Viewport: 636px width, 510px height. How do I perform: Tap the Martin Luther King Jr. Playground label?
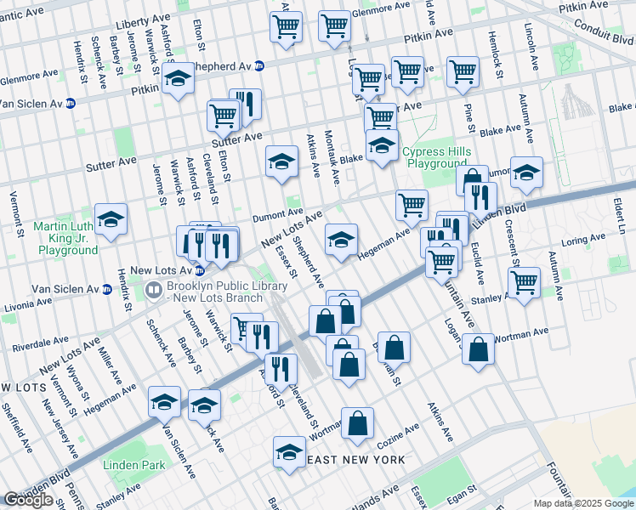(65, 239)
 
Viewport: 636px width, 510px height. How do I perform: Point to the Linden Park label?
(133, 465)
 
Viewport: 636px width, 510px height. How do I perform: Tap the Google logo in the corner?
(29, 499)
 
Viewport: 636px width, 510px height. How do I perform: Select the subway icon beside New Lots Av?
(199, 271)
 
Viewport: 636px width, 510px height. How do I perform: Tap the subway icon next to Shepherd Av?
(259, 65)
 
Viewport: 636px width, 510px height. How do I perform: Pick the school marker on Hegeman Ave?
(341, 241)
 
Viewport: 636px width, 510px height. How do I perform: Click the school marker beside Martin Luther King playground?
(111, 220)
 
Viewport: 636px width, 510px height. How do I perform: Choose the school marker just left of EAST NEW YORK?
(289, 452)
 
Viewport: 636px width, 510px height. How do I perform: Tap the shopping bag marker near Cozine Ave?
(358, 422)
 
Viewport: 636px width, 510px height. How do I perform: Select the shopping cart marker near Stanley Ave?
(524, 280)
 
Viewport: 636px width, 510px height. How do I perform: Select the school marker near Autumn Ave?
(526, 173)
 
